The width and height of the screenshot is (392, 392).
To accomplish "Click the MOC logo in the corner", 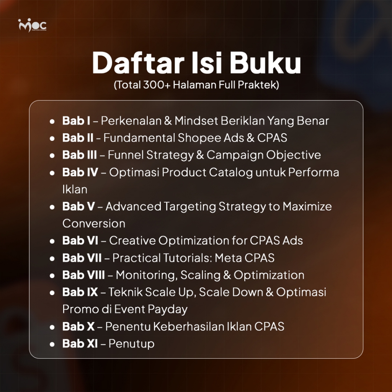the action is (32, 25).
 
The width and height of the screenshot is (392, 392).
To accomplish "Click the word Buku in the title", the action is (265, 63).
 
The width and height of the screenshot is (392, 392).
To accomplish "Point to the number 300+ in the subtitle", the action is (157, 85).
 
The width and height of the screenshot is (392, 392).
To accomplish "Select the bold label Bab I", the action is (76, 121).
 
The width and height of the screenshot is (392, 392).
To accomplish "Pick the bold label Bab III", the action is (80, 155).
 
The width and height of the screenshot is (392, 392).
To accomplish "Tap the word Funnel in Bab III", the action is (126, 155).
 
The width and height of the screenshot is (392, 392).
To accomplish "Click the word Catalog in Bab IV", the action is (231, 173).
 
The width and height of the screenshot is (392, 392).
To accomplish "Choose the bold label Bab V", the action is (78, 206).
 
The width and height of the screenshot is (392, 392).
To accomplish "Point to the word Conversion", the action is (94, 224).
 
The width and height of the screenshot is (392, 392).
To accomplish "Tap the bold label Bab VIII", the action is (83, 275).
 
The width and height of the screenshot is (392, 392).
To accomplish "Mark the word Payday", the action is (168, 309).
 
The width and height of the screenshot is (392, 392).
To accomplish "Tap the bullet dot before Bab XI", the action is (52, 344).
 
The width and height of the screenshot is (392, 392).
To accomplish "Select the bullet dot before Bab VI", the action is (52, 241).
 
